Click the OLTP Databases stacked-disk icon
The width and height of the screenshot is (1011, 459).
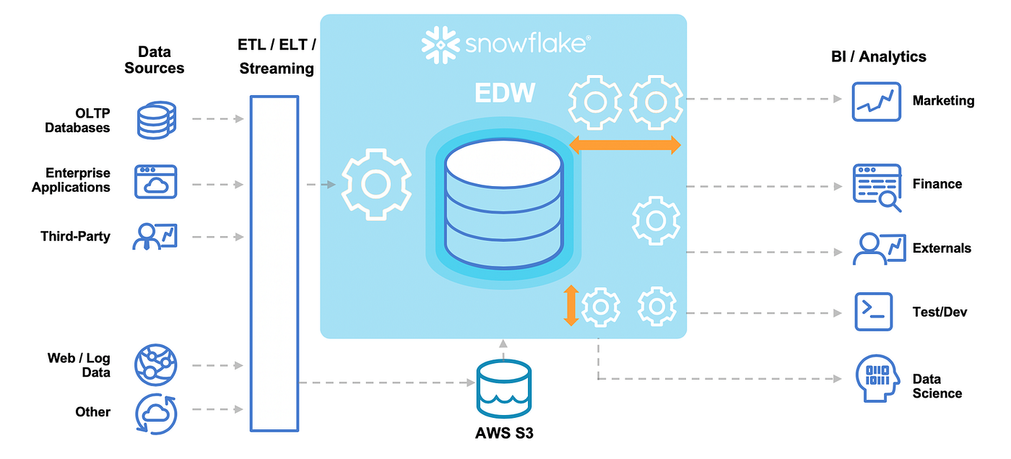156,120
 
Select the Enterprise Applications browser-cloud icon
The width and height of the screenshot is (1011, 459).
155,182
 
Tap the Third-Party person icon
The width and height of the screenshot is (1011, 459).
155,237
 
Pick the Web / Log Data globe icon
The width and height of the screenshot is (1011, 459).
155,366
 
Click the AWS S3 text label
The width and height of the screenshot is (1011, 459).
503,434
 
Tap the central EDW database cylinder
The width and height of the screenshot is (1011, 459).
503,206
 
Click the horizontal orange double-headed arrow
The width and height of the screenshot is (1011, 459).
625,145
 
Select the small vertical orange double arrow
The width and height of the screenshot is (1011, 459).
571,306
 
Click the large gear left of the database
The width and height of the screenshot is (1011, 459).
376,184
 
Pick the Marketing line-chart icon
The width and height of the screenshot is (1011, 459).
876,101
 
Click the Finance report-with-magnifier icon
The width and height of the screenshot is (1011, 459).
877,187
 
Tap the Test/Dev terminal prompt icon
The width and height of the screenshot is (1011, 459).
873,312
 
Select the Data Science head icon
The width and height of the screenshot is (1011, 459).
876,379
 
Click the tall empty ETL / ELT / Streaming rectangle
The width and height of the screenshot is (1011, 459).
274,264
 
